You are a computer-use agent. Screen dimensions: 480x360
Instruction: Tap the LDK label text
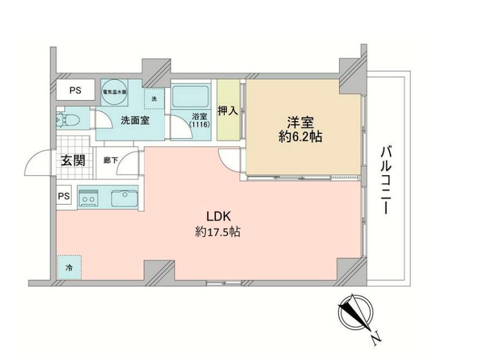(218, 217)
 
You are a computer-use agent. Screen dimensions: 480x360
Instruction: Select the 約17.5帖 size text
(218, 232)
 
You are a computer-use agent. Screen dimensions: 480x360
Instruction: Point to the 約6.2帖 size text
(300, 137)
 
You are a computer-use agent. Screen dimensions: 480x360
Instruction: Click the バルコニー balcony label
(386, 181)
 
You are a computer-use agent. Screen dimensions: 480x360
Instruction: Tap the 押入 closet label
(228, 111)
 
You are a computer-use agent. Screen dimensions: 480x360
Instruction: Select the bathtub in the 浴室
(190, 97)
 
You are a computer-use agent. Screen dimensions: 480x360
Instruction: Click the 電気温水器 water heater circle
(114, 92)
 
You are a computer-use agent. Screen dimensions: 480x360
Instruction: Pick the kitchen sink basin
(124, 199)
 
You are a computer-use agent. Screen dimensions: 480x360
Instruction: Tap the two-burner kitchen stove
(88, 198)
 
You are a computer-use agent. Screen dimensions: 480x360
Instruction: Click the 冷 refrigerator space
(69, 267)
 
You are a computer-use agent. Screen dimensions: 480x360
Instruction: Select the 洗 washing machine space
(154, 98)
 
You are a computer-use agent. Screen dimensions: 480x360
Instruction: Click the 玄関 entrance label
(73, 160)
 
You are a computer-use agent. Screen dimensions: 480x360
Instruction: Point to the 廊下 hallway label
(110, 160)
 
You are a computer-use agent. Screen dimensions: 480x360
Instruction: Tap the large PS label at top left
(75, 91)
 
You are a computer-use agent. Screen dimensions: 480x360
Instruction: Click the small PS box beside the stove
(64, 196)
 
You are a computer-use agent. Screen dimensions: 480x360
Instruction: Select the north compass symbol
(356, 314)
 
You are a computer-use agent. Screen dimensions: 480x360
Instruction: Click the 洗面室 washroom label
(135, 121)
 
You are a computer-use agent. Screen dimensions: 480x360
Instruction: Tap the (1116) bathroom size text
(199, 125)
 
